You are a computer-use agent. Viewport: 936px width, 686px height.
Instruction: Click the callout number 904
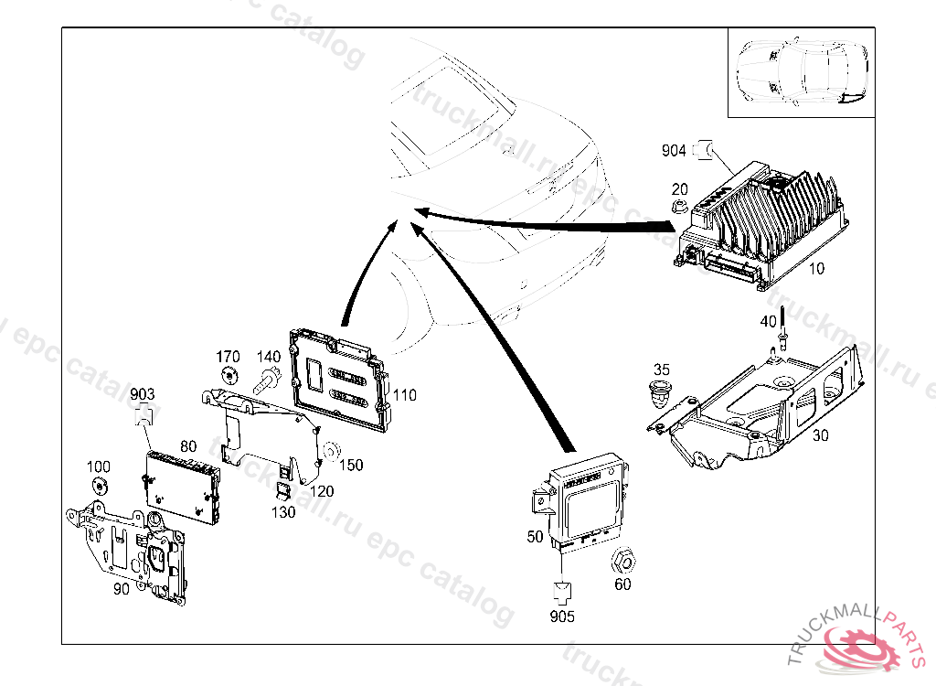(x=675, y=150)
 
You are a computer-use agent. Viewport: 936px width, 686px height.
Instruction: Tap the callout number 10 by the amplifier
(x=816, y=269)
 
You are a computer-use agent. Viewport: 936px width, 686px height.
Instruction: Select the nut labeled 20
(x=679, y=204)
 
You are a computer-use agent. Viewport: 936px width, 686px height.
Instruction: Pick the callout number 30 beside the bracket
(x=821, y=435)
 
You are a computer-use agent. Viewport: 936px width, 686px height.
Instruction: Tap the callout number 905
(x=563, y=616)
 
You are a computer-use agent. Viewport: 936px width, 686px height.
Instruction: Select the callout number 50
(x=536, y=536)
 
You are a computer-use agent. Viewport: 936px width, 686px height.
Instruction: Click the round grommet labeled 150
(x=332, y=450)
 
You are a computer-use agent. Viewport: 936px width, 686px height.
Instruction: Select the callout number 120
(x=322, y=490)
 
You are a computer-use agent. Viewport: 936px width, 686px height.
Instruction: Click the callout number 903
(x=142, y=394)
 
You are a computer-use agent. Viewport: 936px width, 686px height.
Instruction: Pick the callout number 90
(x=121, y=589)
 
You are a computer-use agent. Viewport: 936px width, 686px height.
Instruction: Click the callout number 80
(x=188, y=446)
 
